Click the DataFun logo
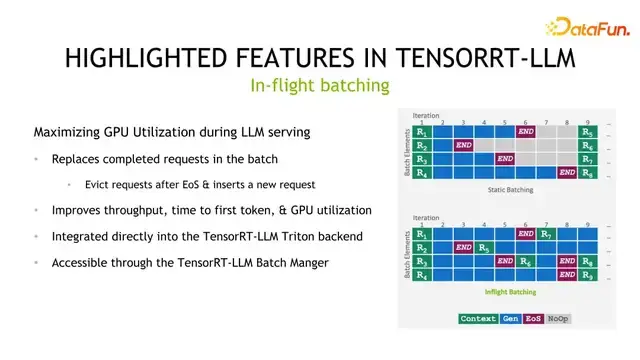(583, 27)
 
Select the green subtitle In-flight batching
(319, 86)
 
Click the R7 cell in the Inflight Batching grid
(546, 233)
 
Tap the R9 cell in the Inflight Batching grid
(588, 274)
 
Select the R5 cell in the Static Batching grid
(588, 132)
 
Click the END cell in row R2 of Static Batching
(463, 145)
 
